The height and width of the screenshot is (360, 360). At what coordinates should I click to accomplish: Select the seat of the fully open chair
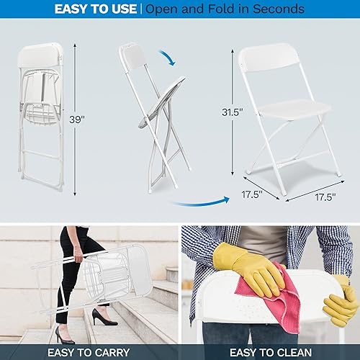tap(278, 114)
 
